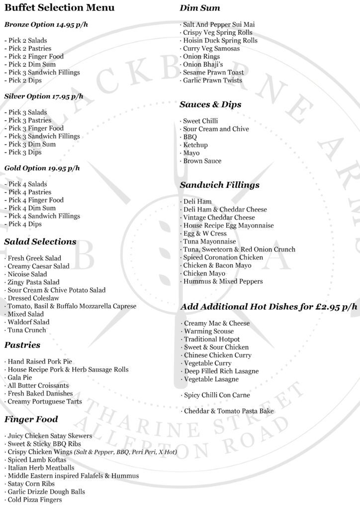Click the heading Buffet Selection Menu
59,8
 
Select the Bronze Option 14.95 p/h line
42,24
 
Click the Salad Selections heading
40,242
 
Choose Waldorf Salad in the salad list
28,322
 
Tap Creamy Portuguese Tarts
44,402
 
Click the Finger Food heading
31,420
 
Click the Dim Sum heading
200,8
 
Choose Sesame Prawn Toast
212,73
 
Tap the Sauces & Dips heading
210,105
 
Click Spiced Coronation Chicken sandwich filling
222,257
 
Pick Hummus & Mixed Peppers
222,281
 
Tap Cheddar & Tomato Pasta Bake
228,411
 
